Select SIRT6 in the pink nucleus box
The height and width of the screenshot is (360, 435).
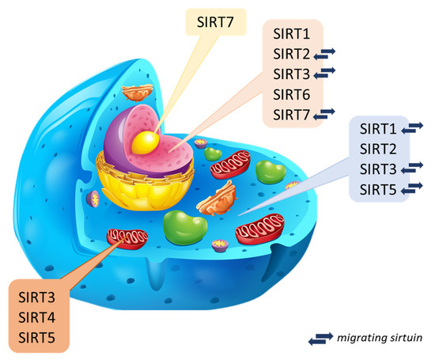290,95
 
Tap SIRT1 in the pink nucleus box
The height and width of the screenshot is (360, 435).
290,36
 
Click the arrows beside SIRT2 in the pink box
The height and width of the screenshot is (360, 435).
326,55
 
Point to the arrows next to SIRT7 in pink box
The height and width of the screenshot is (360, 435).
326,115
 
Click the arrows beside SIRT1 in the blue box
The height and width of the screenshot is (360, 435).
414,127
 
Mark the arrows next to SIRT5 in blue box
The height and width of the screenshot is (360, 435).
414,189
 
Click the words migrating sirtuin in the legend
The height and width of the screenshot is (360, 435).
380,338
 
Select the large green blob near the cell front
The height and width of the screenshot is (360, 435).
185,225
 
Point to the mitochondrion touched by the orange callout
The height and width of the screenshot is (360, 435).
127,237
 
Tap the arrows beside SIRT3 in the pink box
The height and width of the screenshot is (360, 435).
326,75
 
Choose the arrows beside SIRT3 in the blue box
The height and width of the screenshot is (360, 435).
414,169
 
